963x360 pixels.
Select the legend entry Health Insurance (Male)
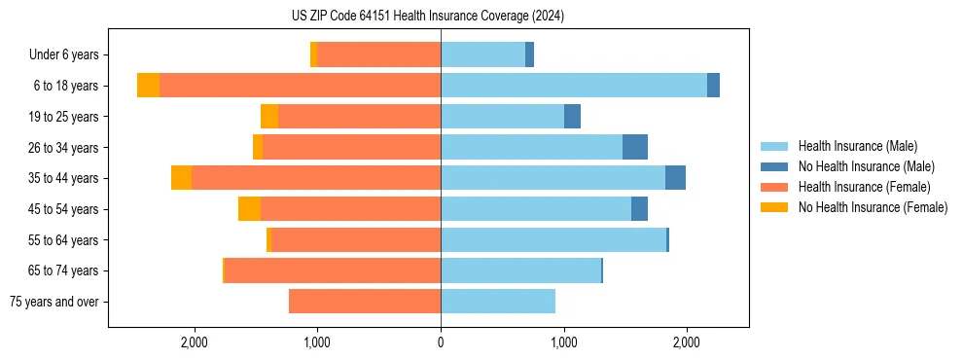(x=857, y=146)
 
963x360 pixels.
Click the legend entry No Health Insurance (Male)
(x=864, y=166)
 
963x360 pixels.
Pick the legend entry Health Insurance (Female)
(x=862, y=187)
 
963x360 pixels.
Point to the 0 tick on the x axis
(x=441, y=342)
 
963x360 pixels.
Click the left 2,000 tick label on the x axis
(x=195, y=342)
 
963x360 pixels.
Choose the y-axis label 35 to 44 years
(x=64, y=178)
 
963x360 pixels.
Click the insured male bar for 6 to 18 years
(x=574, y=86)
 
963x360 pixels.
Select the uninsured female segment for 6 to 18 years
(x=148, y=86)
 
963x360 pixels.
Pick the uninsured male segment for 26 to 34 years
(x=635, y=147)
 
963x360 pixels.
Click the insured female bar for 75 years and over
(x=365, y=302)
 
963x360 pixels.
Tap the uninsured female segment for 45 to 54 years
(x=249, y=209)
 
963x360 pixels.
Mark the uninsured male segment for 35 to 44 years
(x=675, y=178)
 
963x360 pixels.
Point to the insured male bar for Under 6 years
(x=482, y=54)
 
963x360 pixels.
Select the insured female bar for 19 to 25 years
(x=359, y=117)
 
